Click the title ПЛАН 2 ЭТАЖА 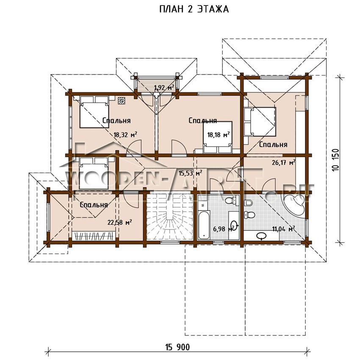point(194,9)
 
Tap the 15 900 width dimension point(177,347)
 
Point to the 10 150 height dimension point(335,160)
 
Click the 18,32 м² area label point(125,135)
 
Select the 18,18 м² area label point(219,135)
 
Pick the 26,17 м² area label point(283,163)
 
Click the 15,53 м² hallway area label point(190,173)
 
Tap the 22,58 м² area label point(119,222)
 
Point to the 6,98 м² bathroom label point(225,228)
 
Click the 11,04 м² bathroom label point(283,229)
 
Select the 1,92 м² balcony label point(164,88)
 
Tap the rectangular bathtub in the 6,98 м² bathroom point(203,225)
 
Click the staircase point(169,217)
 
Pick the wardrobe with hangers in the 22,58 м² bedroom point(93,236)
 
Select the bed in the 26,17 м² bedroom point(260,122)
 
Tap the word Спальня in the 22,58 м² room point(94,205)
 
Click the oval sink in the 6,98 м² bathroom point(234,224)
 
